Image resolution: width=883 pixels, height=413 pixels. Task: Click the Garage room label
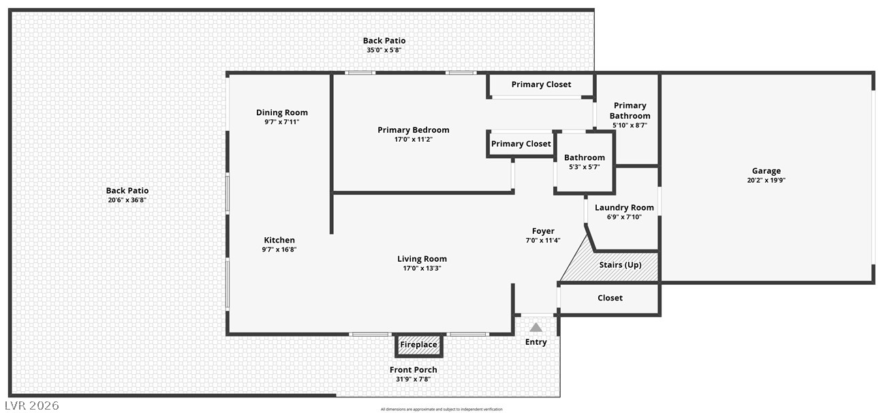click(766, 171)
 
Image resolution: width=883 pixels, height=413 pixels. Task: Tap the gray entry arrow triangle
click(536, 327)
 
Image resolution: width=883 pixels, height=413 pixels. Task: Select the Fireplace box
click(418, 346)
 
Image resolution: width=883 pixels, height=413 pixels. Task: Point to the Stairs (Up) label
click(620, 264)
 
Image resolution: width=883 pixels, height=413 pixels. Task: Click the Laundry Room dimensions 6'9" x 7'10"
click(624, 217)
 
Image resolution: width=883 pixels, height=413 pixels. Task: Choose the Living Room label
click(422, 259)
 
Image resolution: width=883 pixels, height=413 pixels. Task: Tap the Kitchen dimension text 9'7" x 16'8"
click(279, 249)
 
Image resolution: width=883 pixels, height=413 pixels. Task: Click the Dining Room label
click(282, 112)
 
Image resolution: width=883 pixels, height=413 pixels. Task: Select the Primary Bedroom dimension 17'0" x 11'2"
click(413, 139)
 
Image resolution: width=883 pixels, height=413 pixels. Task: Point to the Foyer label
click(543, 231)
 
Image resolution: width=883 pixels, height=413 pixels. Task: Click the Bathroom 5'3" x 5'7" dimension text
click(584, 167)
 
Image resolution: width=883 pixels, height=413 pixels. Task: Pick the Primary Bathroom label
click(630, 110)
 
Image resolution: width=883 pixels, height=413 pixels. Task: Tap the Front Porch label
click(413, 369)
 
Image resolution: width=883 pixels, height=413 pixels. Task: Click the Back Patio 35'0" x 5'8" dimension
click(384, 50)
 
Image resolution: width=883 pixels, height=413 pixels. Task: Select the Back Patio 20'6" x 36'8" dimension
click(127, 200)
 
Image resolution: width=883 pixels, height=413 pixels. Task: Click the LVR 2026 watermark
click(32, 406)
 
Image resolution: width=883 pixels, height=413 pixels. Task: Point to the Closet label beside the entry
click(610, 298)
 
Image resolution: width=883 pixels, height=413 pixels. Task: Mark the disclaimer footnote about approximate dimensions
click(441, 410)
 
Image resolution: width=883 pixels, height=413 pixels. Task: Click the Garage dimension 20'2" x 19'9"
click(766, 181)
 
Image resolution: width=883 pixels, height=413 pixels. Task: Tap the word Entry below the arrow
click(536, 342)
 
